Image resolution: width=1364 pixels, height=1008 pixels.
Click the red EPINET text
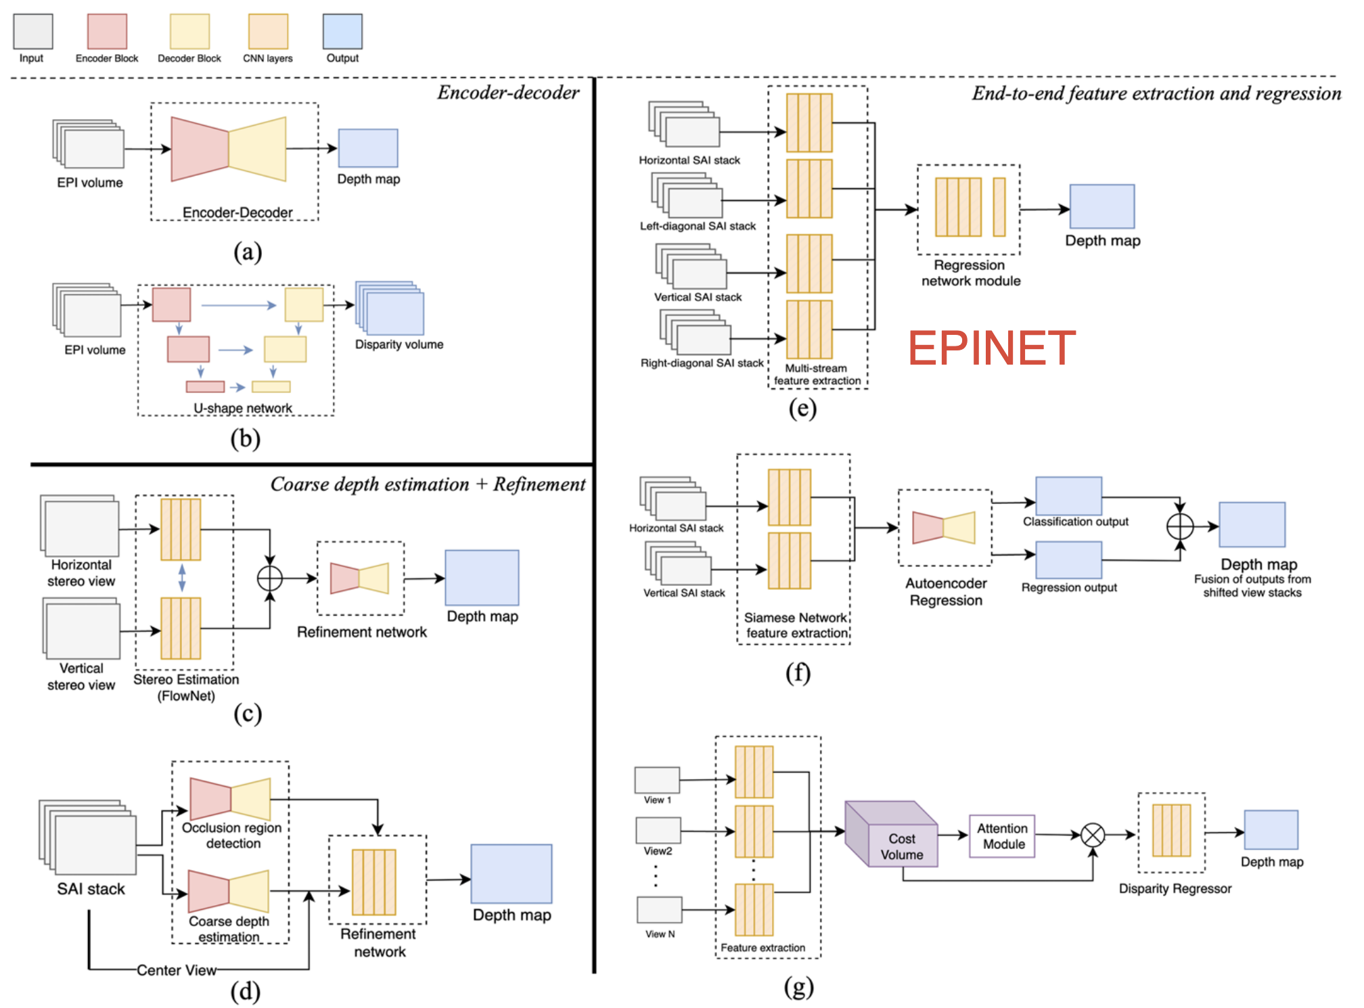coord(991,348)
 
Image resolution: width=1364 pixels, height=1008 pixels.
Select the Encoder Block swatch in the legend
coord(107,31)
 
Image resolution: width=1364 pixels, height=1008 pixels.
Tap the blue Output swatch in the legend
coord(342,31)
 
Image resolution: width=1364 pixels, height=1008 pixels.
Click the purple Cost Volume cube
coord(891,834)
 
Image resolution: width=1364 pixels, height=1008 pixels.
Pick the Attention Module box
coord(1002,836)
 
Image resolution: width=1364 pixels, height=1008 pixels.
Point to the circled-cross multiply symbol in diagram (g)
coord(1093,835)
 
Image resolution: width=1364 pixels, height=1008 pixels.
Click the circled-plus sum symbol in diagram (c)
coord(270,578)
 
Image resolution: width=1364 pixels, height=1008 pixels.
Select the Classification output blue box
coord(1068,496)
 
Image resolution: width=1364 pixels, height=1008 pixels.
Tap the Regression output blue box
coord(1068,560)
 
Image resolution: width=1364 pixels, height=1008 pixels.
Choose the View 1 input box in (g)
coord(657,780)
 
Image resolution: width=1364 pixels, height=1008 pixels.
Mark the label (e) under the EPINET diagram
coord(802,409)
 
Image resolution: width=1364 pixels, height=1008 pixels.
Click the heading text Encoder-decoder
coord(508,93)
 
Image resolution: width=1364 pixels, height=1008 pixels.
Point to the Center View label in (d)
coord(177,970)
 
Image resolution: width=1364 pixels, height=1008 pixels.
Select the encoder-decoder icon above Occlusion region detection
coord(230,798)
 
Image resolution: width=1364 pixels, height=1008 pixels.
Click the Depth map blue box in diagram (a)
coord(368,148)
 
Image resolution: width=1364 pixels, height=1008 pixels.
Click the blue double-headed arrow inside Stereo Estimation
coord(181,578)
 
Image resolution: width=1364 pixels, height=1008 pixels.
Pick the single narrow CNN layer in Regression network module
coord(999,207)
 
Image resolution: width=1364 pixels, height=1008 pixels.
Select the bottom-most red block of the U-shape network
coord(205,387)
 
